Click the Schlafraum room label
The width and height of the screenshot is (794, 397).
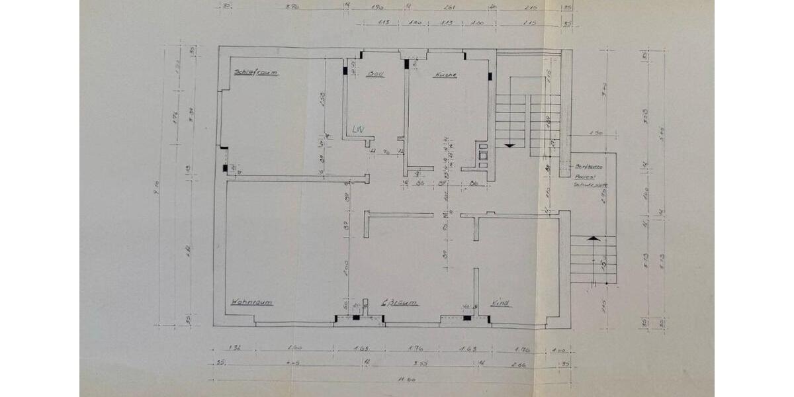coord(255,72)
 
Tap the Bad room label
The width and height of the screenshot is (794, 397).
coord(375,74)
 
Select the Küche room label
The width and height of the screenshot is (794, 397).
coord(445,75)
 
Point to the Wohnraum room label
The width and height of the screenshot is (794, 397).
coord(251,302)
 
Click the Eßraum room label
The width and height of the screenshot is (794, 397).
coord(400,302)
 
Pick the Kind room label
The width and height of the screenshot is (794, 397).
coord(500,303)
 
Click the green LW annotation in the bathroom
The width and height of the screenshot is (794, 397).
coord(358,129)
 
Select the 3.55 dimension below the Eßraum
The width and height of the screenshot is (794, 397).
coord(416,363)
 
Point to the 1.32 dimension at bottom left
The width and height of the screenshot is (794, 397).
coord(234,347)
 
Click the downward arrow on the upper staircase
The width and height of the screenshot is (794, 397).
coord(509,144)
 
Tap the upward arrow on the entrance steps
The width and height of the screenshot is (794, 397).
coord(594,238)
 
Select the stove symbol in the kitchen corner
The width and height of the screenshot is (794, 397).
coord(483,154)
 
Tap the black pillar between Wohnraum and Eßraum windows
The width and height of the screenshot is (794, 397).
coord(356,318)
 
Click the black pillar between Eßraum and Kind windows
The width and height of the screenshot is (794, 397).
coord(466,318)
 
